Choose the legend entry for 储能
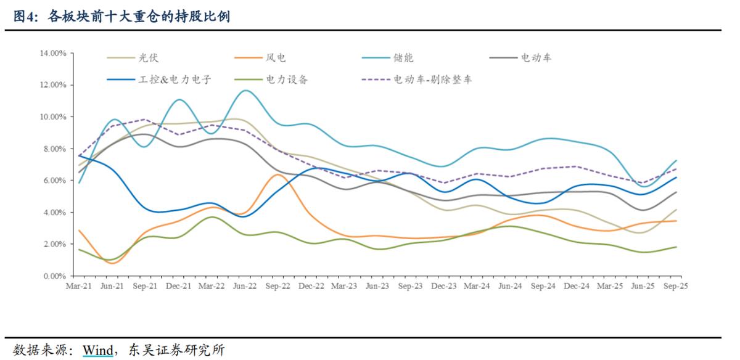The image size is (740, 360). pos(404,58)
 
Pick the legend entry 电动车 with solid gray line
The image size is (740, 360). pos(536,58)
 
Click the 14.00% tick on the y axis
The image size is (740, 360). pos(52,53)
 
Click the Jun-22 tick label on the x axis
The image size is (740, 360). pos(246,286)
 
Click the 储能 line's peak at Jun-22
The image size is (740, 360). pos(246,91)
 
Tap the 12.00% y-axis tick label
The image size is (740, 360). pos(52,85)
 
